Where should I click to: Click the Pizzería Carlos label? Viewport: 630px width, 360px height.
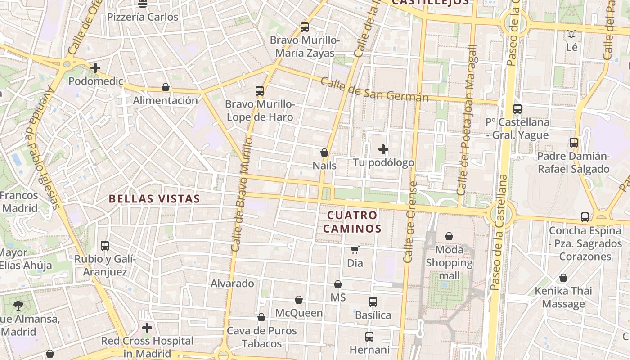[143, 17]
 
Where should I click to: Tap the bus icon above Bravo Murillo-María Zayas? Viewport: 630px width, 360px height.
[305, 27]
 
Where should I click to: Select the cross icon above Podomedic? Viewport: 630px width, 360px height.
[95, 68]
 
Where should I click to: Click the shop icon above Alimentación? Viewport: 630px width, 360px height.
[166, 87]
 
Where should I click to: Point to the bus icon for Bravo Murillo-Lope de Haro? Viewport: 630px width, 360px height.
[260, 91]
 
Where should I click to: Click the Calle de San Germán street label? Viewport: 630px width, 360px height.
[374, 90]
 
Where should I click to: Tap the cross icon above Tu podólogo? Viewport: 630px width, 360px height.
[383, 149]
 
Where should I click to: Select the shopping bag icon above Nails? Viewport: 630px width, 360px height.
[324, 153]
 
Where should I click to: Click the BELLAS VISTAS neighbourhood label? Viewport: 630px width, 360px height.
[154, 198]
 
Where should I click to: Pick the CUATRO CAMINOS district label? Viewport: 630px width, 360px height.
[354, 222]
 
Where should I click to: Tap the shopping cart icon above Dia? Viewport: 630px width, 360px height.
[355, 250]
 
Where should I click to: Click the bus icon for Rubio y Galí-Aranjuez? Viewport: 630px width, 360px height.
[105, 246]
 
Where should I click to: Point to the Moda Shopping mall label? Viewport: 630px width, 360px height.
[449, 262]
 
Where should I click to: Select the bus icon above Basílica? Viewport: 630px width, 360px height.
[373, 302]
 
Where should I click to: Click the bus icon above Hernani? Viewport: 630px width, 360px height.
[369, 337]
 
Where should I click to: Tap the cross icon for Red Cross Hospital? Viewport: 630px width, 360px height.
[147, 328]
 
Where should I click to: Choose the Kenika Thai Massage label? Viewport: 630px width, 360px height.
[563, 297]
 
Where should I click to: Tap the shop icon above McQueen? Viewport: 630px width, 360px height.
[299, 300]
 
